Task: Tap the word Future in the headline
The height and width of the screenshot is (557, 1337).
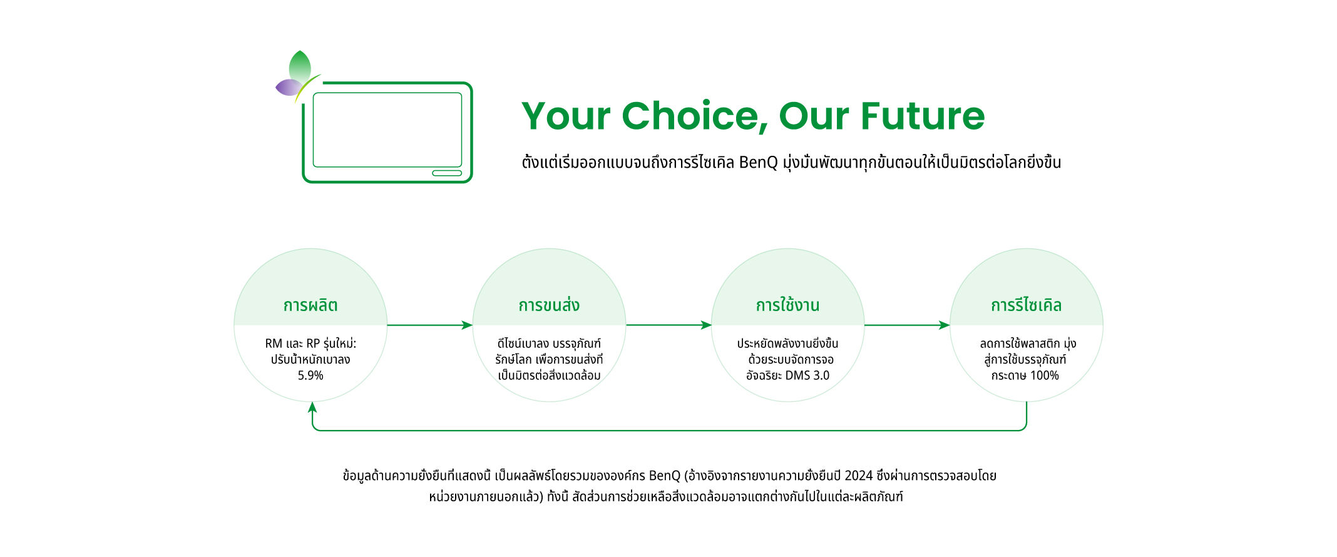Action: [x=923, y=116]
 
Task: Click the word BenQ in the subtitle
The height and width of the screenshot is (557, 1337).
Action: [x=758, y=163]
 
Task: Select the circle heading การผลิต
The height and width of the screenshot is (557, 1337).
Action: [x=310, y=305]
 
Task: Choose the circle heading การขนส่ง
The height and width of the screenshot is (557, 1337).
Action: [x=549, y=305]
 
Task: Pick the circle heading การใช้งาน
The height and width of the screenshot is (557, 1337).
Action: [x=787, y=305]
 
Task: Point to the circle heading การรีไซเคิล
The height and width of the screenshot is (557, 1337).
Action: [x=1026, y=305]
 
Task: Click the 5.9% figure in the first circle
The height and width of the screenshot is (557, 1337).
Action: [x=310, y=376]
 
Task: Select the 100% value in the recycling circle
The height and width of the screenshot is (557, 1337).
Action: [x=1045, y=376]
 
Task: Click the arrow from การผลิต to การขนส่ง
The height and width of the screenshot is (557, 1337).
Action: [x=430, y=325]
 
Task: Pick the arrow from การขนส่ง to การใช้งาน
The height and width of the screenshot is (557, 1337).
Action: [x=668, y=325]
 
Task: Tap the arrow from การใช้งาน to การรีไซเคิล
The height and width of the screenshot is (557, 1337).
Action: [x=907, y=325]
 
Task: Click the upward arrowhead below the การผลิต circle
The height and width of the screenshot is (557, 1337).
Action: [x=312, y=407]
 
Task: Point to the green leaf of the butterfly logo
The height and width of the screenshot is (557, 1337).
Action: [x=300, y=68]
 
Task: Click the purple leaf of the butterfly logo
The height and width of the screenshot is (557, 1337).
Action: [x=289, y=88]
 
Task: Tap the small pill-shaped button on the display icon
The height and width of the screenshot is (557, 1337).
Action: [x=447, y=173]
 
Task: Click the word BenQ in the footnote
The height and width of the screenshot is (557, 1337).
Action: [x=664, y=476]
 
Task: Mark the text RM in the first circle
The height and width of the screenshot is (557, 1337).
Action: [x=274, y=344]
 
